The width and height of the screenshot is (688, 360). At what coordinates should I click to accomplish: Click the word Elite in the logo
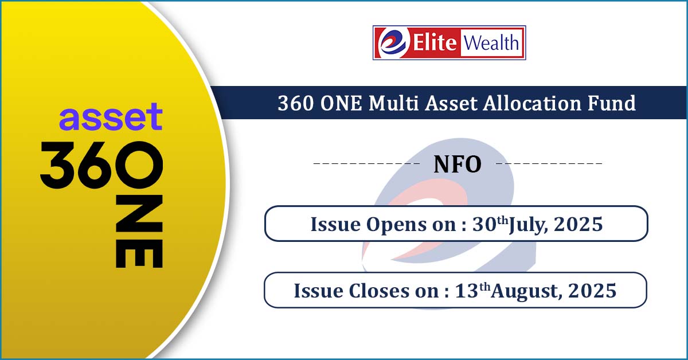coord(435,42)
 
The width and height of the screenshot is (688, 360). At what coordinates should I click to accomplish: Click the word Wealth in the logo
coord(491,42)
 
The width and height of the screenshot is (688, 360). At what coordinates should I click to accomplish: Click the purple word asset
coord(111,116)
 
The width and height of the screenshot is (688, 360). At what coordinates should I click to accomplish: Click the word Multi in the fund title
coord(394,103)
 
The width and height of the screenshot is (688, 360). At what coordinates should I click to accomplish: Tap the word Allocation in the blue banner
coord(532,103)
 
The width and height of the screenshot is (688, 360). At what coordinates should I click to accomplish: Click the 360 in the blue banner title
coord(296,103)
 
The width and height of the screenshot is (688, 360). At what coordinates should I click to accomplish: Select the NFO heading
coord(458,165)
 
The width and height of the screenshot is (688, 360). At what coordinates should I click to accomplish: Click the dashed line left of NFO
coord(366,163)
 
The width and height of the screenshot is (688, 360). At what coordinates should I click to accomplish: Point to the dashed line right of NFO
coord(549,163)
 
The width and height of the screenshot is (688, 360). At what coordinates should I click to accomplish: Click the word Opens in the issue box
coord(396,225)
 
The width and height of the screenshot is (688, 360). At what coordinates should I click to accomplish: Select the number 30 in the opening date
coord(484,224)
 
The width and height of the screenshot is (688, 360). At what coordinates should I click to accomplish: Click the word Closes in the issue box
coord(379,291)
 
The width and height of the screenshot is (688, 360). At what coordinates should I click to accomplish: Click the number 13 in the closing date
coord(467,291)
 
